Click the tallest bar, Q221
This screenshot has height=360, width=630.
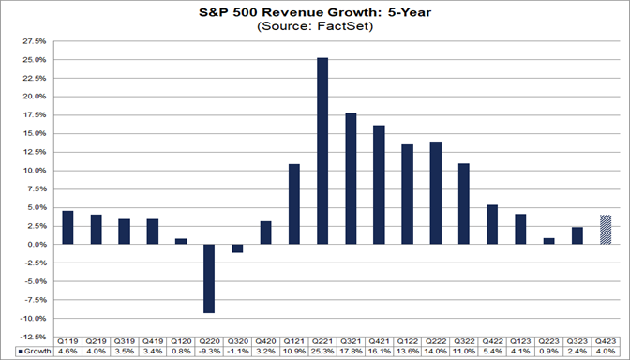coord(322,150)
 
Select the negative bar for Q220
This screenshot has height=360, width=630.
coord(209,277)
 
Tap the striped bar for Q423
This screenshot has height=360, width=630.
coord(605,230)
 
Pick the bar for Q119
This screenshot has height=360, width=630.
coord(67,227)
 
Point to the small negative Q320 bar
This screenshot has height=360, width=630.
coord(237,248)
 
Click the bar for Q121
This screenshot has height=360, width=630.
coord(293,203)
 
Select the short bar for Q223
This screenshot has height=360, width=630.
coord(548,241)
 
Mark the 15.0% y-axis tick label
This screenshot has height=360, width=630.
coord(34,133)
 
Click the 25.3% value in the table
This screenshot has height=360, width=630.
coord(322,352)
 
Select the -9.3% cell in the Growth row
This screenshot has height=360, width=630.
coord(209,352)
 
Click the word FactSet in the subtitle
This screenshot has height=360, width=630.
coord(342,27)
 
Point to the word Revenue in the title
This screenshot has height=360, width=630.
coord(299,12)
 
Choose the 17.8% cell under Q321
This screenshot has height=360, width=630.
coord(351,352)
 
